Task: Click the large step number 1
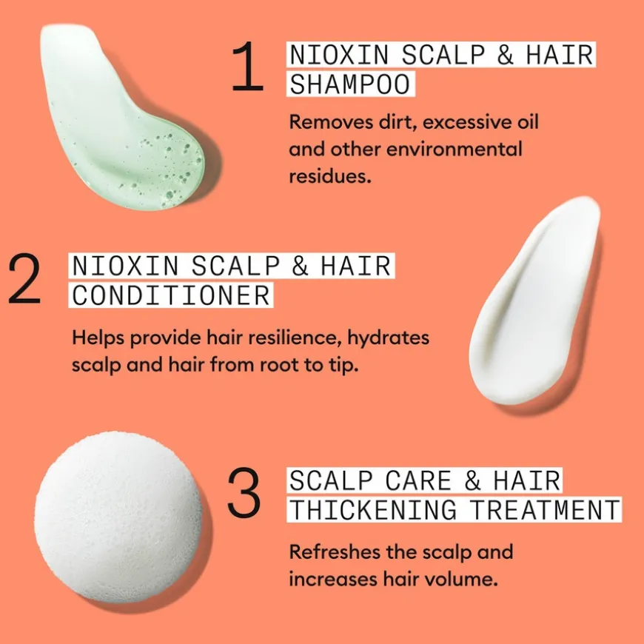248,66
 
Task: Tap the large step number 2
24,279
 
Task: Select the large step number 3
244,492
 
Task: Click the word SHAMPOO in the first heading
350,84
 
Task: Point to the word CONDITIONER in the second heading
171,295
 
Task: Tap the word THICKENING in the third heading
373,510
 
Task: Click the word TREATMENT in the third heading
545,510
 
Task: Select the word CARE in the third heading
418,480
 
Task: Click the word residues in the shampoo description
330,176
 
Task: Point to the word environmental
455,149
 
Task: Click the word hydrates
388,338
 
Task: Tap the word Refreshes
335,551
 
